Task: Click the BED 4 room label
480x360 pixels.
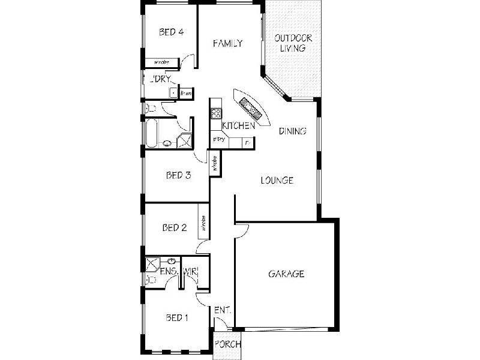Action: pyautogui.click(x=171, y=32)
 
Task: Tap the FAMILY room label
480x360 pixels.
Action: pyautogui.click(x=228, y=43)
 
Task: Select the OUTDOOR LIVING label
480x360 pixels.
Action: pyautogui.click(x=290, y=43)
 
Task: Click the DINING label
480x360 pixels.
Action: pyautogui.click(x=293, y=131)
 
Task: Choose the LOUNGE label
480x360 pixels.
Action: pyautogui.click(x=277, y=180)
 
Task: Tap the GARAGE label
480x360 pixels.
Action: pyautogui.click(x=286, y=274)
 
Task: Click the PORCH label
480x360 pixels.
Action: pyautogui.click(x=228, y=345)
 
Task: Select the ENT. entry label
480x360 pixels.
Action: pyautogui.click(x=223, y=311)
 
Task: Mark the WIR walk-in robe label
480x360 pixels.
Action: pyautogui.click(x=190, y=272)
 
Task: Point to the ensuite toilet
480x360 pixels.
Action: pyautogui.click(x=149, y=280)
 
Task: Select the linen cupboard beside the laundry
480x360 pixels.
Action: pyautogui.click(x=185, y=93)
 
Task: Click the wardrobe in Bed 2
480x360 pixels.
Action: pyautogui.click(x=203, y=224)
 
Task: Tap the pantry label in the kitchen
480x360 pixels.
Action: pyautogui.click(x=219, y=140)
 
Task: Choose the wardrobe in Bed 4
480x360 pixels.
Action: pyautogui.click(x=161, y=62)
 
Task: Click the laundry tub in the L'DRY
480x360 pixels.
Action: pyautogui.click(x=173, y=93)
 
